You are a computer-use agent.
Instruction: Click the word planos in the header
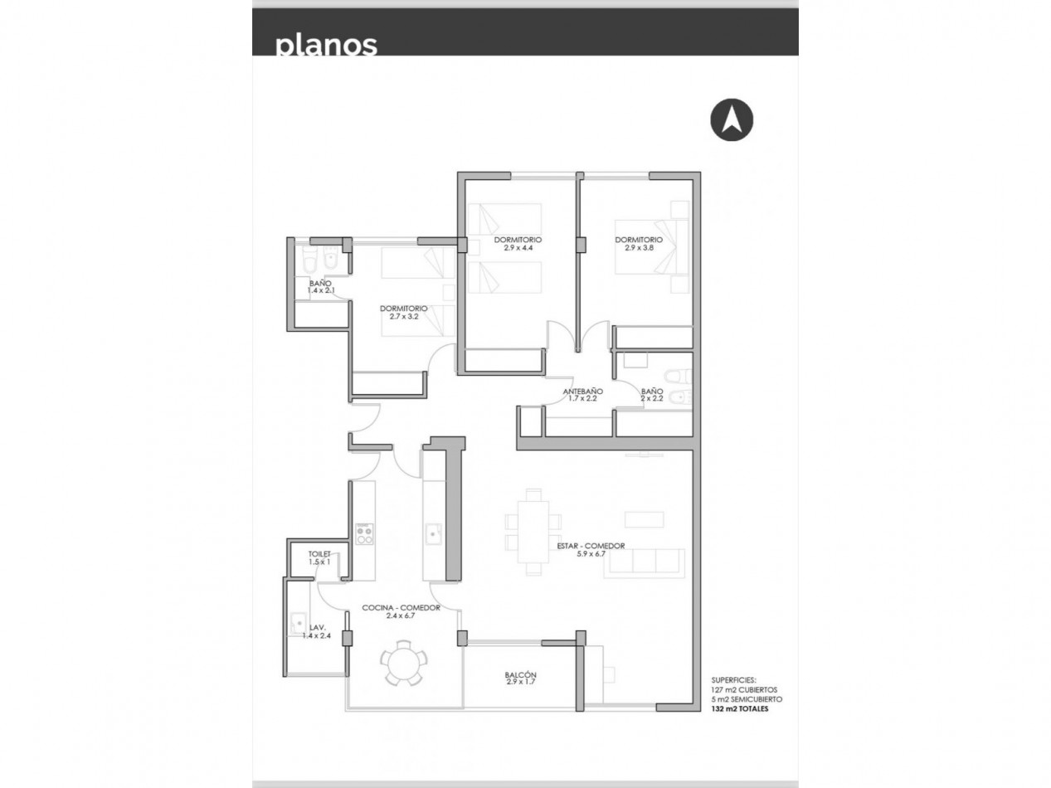click(326, 46)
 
